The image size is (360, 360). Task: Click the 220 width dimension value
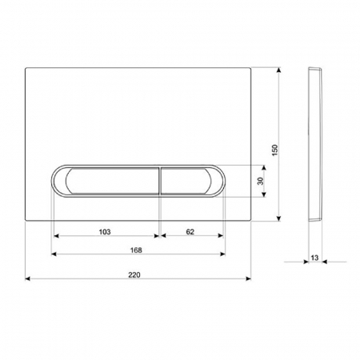pos(134,274)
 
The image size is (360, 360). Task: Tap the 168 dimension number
pos(136,250)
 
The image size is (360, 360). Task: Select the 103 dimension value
pos(105,232)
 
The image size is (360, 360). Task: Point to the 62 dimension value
pos(190,232)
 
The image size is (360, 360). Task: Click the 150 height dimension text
pos(274,150)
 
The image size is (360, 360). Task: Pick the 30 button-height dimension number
pos(261,181)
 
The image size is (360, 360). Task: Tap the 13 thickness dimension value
pos(314,258)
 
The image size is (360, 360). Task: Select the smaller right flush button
pos(186,181)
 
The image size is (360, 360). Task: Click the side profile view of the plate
pos(315,145)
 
